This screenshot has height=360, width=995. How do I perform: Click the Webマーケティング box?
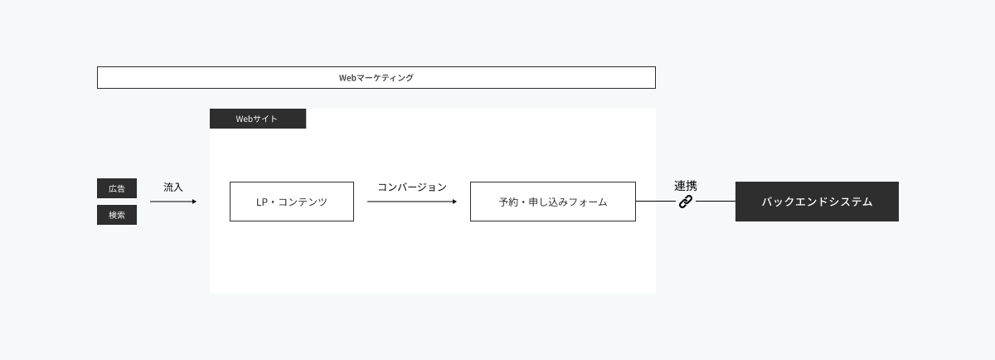click(x=376, y=78)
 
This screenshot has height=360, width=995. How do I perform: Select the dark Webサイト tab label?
click(x=258, y=119)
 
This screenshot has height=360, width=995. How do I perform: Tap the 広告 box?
click(x=117, y=188)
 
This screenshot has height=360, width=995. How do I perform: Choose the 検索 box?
click(x=117, y=215)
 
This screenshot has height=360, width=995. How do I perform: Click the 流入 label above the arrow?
click(x=172, y=187)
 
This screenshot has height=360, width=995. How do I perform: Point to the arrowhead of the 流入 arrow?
click(x=194, y=202)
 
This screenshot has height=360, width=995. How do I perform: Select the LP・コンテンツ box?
click(x=292, y=202)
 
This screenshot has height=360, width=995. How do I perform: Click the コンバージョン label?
click(x=412, y=187)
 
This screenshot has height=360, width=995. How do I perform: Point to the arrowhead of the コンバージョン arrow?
click(x=454, y=202)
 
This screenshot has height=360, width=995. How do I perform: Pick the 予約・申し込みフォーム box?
click(x=553, y=202)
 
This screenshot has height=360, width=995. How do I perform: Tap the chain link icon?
click(x=686, y=202)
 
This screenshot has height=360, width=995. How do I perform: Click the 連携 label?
click(x=686, y=186)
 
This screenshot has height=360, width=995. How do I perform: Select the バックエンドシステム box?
click(x=817, y=202)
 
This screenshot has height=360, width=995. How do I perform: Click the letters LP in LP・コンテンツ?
click(x=262, y=202)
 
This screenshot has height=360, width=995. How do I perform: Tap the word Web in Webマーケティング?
click(x=347, y=78)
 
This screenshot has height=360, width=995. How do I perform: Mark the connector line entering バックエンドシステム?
click(x=716, y=202)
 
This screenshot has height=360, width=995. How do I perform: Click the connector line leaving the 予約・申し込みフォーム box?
click(x=656, y=202)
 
